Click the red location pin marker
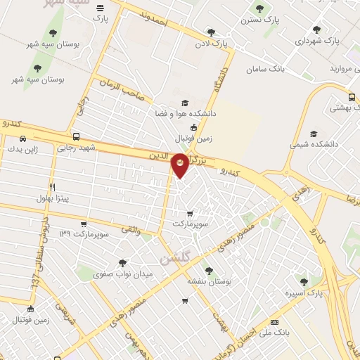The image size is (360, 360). pos(180,164)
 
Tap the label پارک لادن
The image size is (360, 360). pos(212,45)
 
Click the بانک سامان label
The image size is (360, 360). pos(265,70)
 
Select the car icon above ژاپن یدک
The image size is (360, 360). pos(23,139)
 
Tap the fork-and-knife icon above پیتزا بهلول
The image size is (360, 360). pos(51,187)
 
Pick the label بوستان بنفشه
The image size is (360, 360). pos(209,281)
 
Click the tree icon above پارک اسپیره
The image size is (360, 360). pos(304,281)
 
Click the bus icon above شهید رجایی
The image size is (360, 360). pos(75,137)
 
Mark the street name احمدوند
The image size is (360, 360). pos(154,19)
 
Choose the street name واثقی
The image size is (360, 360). pos(131,229)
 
